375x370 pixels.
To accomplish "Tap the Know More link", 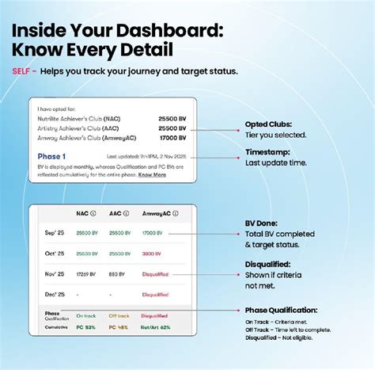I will pos(152,174).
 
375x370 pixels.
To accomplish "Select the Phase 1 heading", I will pos(51,157).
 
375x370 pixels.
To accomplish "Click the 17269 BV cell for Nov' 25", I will pos(85,274).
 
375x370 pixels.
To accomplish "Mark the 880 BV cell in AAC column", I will pos(117,274).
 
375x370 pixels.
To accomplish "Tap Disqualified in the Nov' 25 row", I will pos(155,274).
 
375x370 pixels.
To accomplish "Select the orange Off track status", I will pos(119,314).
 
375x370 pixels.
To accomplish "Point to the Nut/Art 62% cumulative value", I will pos(157,326).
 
